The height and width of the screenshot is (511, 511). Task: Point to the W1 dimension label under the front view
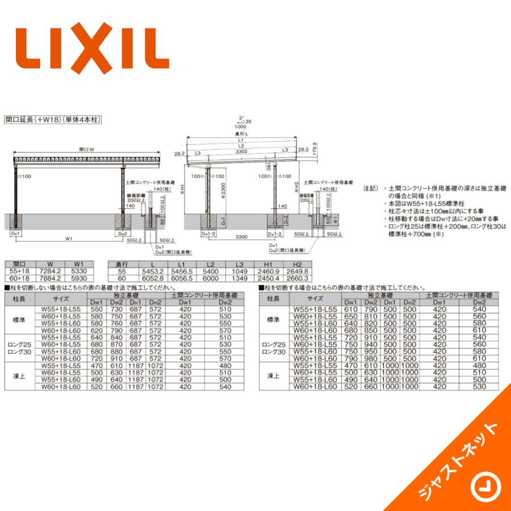click(x=68, y=238)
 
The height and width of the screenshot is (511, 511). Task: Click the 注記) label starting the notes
click(x=370, y=187)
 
